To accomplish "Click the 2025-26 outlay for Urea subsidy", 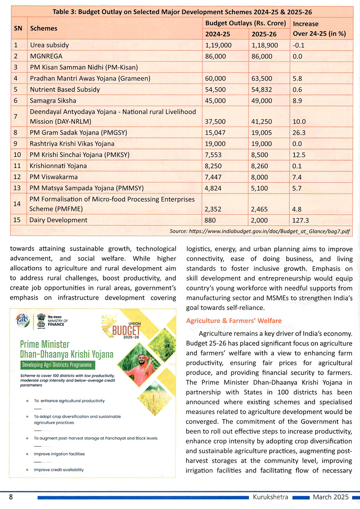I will pos(265,45).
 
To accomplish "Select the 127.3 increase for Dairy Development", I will pos(301,220).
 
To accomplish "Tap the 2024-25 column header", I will pos(217,34).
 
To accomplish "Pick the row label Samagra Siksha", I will pos(53,101).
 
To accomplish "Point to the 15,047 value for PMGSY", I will pos(215,133).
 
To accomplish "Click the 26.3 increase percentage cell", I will pos(299,133).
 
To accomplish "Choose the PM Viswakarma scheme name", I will pos(54,177).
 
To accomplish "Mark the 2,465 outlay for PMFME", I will pos(259,209).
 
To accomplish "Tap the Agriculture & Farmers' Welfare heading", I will pos(234,321).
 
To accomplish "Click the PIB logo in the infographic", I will pos(23,320).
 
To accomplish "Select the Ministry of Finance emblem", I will pos(41,320).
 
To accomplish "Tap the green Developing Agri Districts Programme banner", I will pos(57,365).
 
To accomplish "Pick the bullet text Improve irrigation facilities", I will pos(59,454).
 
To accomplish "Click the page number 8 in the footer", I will pos(11,497).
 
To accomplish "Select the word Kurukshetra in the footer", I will pos(270,497).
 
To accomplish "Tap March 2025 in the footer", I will pos(330,497).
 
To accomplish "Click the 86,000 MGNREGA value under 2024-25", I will pos(215,56).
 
